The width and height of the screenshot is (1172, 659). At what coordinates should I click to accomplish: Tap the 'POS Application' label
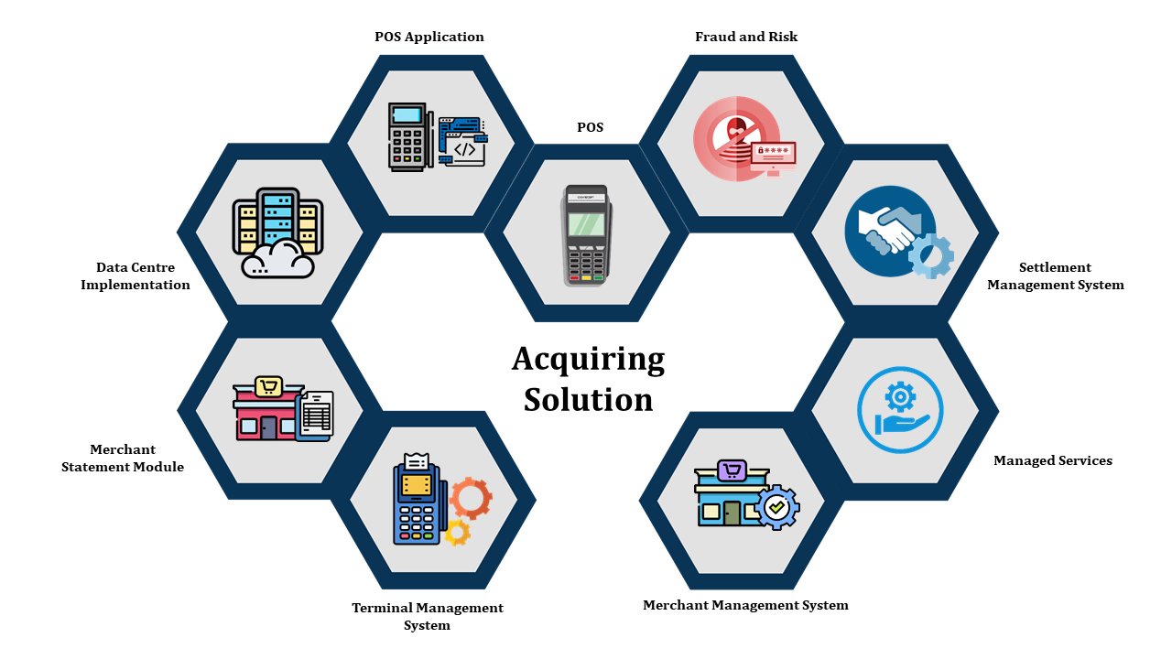[429, 37]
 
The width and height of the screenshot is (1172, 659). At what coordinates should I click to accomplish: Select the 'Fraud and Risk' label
[746, 37]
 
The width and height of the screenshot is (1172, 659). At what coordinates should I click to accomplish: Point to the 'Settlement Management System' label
[1055, 276]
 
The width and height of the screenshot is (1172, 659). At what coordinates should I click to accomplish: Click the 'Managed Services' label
[1053, 460]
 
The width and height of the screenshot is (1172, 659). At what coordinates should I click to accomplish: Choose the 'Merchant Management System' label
[745, 605]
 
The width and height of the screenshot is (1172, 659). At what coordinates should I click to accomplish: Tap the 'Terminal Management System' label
[428, 616]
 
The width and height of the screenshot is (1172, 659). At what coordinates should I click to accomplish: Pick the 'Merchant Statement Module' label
[123, 459]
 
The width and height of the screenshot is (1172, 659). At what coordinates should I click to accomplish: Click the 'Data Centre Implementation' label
[136, 276]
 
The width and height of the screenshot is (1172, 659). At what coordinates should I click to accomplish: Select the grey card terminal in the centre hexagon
[586, 234]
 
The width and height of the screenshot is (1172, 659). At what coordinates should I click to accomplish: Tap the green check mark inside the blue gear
[777, 506]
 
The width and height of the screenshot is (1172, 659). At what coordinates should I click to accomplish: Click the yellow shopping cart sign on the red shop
[267, 387]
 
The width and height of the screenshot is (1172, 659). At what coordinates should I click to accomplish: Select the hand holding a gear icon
[900, 410]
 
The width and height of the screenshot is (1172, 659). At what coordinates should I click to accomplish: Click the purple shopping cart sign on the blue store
[732, 471]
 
